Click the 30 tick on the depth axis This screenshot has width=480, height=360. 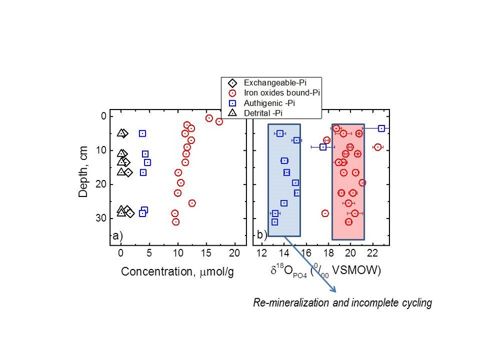[x=100, y=218]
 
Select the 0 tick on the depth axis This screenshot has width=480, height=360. [x=103, y=116]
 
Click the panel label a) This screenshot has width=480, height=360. [x=117, y=236]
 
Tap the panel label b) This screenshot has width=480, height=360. [x=261, y=236]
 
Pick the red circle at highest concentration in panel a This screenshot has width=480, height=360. [x=219, y=122]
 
